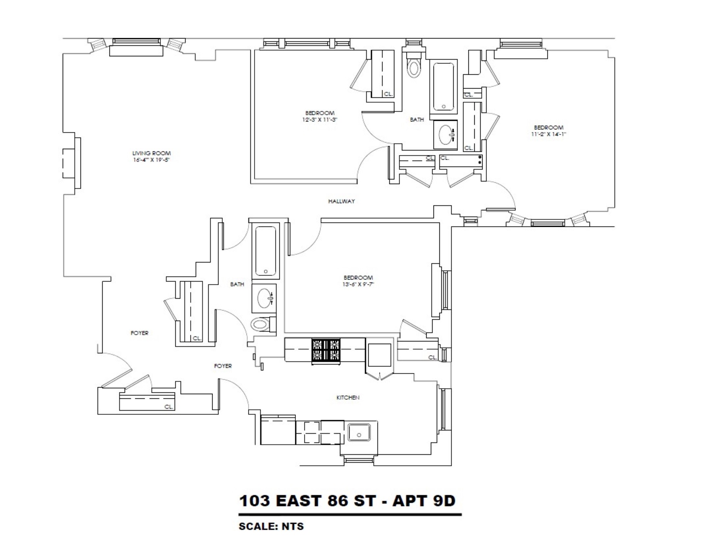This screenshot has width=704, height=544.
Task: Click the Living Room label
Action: pos(152,153)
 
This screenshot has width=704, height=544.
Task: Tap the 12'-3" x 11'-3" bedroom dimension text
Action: pos(320,120)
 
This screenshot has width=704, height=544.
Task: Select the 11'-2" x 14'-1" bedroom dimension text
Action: pos(548,134)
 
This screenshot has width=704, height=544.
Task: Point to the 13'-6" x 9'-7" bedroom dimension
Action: pos(358,284)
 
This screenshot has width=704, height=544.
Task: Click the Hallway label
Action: pos(341,201)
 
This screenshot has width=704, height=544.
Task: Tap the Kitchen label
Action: pos(348,397)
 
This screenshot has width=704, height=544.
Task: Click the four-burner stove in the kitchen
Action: pos(326,350)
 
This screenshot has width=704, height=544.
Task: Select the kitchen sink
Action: pos(359,432)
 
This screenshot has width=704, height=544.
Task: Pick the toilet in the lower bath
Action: pos(261,324)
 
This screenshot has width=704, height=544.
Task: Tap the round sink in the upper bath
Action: pos(445,135)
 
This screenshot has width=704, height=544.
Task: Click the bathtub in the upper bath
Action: pos(443,86)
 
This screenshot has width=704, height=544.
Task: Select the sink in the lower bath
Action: pos(264,298)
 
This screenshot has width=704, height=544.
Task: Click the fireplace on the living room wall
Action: pos(72,163)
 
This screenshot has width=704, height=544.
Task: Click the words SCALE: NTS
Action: pos(271,526)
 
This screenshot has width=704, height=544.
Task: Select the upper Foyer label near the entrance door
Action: pos(139,333)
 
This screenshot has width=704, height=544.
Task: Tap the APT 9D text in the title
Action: pos(424,501)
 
